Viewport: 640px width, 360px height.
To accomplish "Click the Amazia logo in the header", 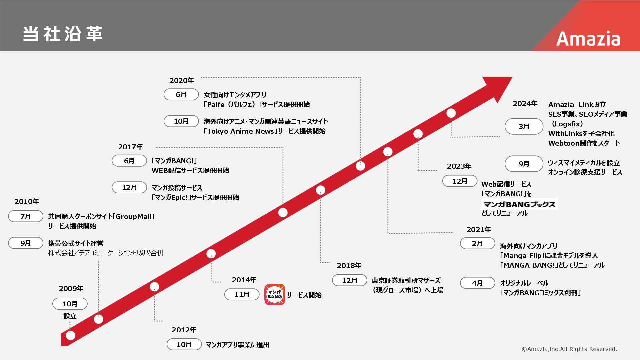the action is [x=588, y=39].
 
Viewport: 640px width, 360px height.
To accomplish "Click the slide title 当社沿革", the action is [x=63, y=34].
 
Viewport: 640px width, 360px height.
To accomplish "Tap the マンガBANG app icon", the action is [x=275, y=295].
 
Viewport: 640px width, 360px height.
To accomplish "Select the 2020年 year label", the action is [x=181, y=80].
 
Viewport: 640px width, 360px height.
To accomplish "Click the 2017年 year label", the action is [x=130, y=147].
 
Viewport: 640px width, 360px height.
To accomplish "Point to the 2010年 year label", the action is [x=26, y=201].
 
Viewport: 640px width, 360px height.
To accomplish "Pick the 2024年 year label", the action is [x=525, y=104].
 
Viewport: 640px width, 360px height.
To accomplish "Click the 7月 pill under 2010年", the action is [x=26, y=216].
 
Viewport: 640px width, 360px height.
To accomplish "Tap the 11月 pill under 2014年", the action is [x=242, y=294].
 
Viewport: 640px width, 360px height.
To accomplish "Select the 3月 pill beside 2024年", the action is [x=524, y=126].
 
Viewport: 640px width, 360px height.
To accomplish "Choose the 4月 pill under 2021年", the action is [x=477, y=283].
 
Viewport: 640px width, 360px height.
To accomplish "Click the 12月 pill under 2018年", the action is [x=349, y=280].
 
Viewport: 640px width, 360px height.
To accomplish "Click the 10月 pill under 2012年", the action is [x=184, y=344].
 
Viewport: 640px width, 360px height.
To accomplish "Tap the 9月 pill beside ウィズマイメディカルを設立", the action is [x=524, y=164].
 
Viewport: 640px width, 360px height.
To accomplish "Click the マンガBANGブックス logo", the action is [x=519, y=204].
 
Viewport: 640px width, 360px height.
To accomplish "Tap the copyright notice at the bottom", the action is [x=569, y=349].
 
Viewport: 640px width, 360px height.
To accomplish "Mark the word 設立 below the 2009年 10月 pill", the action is [x=70, y=316].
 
